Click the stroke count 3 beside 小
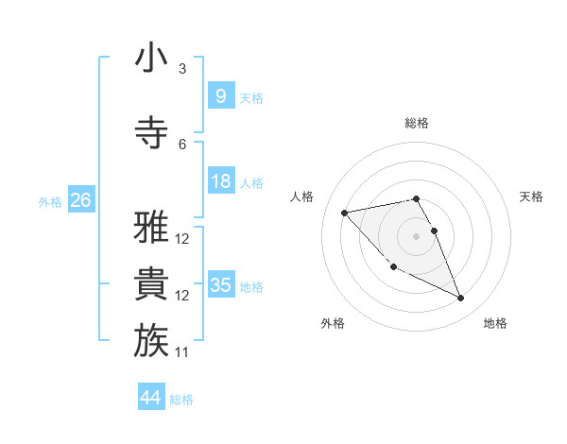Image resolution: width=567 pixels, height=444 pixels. coord(182,69)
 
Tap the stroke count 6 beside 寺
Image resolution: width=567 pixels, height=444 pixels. coord(182,145)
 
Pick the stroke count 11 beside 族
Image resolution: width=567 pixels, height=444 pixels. coord(182,352)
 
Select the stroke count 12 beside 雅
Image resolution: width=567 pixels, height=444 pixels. coord(182,239)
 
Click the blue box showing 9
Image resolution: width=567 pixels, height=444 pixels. coord(220,95)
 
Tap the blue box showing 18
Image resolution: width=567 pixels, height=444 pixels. coord(220,180)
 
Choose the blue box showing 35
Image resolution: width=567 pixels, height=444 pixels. coord(220,284)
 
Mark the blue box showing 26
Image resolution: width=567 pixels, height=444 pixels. coord(80,199)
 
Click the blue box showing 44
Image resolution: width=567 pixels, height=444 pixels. coord(150,398)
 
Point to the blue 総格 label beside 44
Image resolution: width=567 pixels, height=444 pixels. coord(181,400)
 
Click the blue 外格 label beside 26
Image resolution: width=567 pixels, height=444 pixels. coord(50,201)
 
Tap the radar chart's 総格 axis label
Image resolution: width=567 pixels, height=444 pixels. coord(417,123)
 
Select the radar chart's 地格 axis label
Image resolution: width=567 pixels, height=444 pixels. coord(495,323)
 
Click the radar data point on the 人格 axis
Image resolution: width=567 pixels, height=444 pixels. coord(345,212)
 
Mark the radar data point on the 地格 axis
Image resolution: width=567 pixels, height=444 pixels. coord(461,299)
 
